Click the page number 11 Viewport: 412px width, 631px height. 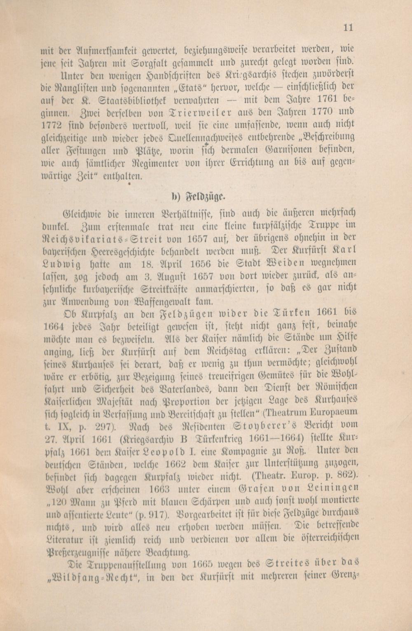coord(348,28)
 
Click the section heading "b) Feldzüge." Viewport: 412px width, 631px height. coord(200,196)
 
